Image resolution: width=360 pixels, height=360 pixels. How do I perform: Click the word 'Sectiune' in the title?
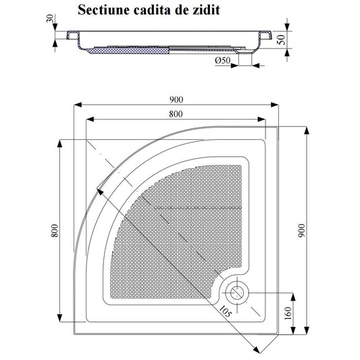click(x=103, y=10)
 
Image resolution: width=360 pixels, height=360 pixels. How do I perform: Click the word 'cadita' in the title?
click(x=152, y=10)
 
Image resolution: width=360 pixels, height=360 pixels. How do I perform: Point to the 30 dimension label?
click(x=50, y=18)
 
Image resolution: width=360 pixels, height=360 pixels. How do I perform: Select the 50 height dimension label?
click(x=281, y=40)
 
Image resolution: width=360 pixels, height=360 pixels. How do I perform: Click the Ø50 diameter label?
click(x=222, y=60)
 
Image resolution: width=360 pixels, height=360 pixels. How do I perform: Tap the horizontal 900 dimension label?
click(x=176, y=100)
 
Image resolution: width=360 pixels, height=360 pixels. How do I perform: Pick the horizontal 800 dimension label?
click(x=176, y=114)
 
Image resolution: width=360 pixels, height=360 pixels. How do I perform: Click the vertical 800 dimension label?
click(x=55, y=230)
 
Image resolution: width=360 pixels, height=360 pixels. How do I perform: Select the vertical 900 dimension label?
click(x=301, y=230)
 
